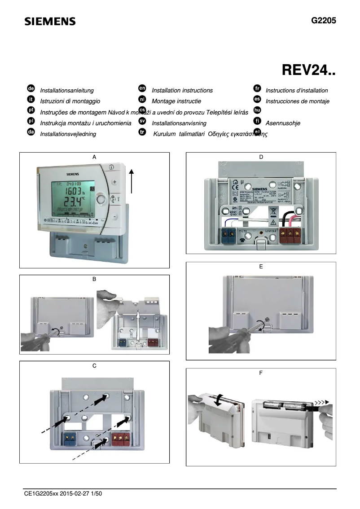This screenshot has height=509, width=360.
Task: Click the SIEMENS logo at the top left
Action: [x=50, y=22]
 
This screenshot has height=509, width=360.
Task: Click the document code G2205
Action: [x=323, y=21]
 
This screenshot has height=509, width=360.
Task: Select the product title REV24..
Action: [x=309, y=70]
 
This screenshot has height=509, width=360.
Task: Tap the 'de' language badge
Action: [x=31, y=90]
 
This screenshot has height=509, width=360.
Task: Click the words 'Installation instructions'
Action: [x=182, y=90]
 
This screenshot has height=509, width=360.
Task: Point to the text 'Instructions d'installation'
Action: [x=297, y=90]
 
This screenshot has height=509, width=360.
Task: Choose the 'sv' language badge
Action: [x=142, y=122]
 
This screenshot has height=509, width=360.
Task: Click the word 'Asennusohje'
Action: [x=283, y=123]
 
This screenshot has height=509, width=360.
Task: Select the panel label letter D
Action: [x=261, y=157]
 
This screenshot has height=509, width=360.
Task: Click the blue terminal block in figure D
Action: [x=230, y=234]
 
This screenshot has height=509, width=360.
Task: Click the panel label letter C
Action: [x=94, y=366]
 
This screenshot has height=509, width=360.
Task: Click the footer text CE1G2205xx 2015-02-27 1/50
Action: [x=63, y=494]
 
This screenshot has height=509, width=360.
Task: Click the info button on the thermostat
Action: [x=111, y=166]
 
